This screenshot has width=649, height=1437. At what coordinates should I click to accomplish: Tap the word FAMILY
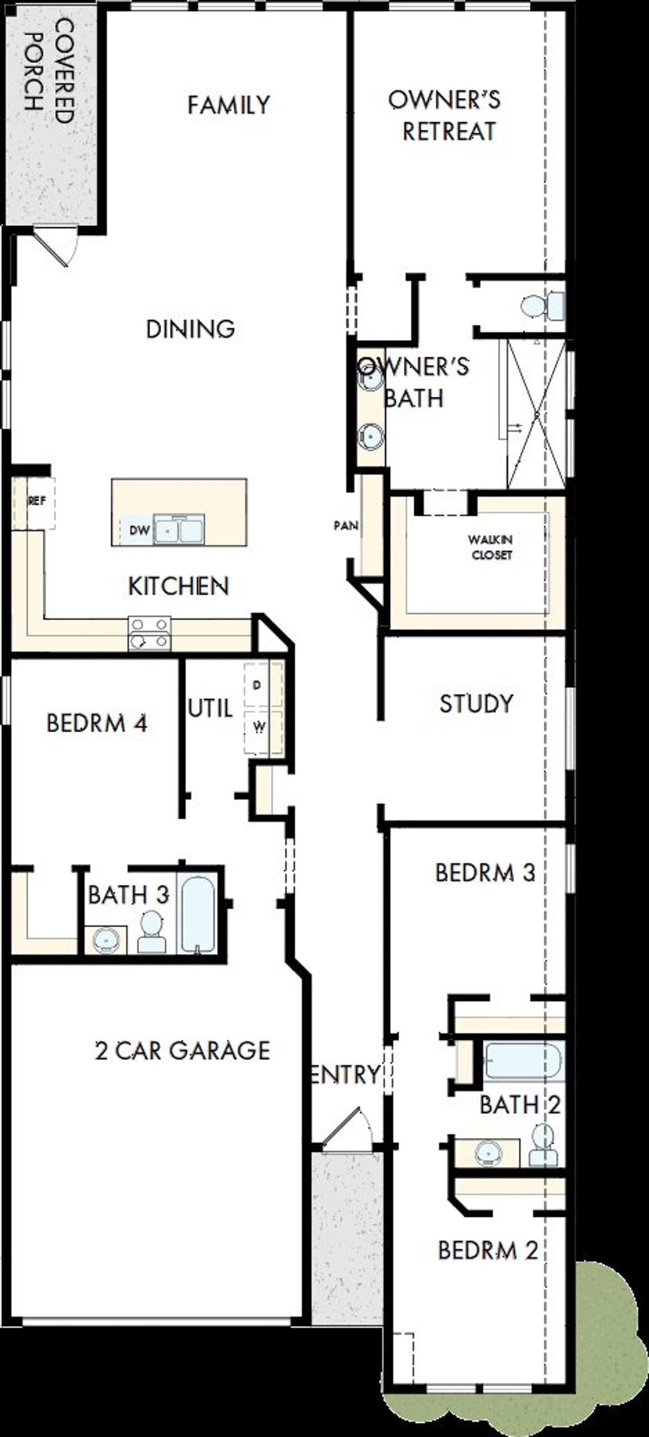coord(228,105)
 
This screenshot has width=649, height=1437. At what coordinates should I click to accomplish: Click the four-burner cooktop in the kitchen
coord(150,633)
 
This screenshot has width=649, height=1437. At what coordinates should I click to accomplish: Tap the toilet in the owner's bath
coord(543,305)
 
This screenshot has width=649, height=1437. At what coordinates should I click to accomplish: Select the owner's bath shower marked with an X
coord(535,414)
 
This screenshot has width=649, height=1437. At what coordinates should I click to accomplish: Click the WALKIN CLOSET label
coord(490,547)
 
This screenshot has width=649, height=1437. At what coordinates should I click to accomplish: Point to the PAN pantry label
coord(345,525)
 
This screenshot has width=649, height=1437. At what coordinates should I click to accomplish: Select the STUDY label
coord(476,703)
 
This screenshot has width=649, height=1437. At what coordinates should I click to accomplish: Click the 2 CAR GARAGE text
coord(183,1051)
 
